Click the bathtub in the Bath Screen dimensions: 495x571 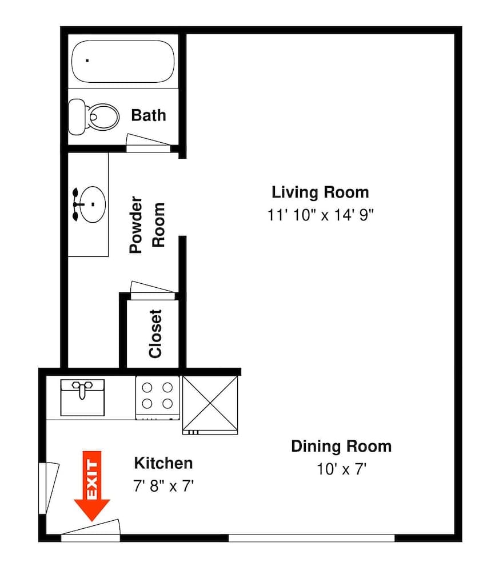pyautogui.click(x=123, y=61)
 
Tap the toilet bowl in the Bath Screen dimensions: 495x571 pyautogui.click(x=104, y=116)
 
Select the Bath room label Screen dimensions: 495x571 pyautogui.click(x=149, y=115)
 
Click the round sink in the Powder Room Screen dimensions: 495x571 pyautogui.click(x=93, y=204)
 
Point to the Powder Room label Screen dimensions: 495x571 pyautogui.click(x=147, y=224)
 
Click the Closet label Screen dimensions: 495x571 pyautogui.click(x=155, y=333)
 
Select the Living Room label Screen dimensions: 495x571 pyautogui.click(x=321, y=192)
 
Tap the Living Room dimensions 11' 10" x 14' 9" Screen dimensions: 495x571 pyautogui.click(x=321, y=215)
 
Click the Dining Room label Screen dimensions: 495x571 pyautogui.click(x=341, y=446)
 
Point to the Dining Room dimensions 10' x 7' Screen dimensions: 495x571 pyautogui.click(x=342, y=469)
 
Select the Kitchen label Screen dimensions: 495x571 pyautogui.click(x=163, y=463)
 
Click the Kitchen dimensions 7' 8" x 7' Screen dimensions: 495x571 pyautogui.click(x=163, y=486)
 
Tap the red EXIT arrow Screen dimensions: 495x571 pyautogui.click(x=92, y=486)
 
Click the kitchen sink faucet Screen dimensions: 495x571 pyautogui.click(x=82, y=389)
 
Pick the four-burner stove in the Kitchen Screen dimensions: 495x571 pyautogui.click(x=157, y=397)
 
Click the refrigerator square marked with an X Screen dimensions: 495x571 pyautogui.click(x=210, y=405)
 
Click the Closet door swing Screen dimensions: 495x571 pyautogui.click(x=153, y=290)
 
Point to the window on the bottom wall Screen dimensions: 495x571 pyautogui.click(x=312, y=538)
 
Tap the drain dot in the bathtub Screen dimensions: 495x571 pyautogui.click(x=87, y=61)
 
